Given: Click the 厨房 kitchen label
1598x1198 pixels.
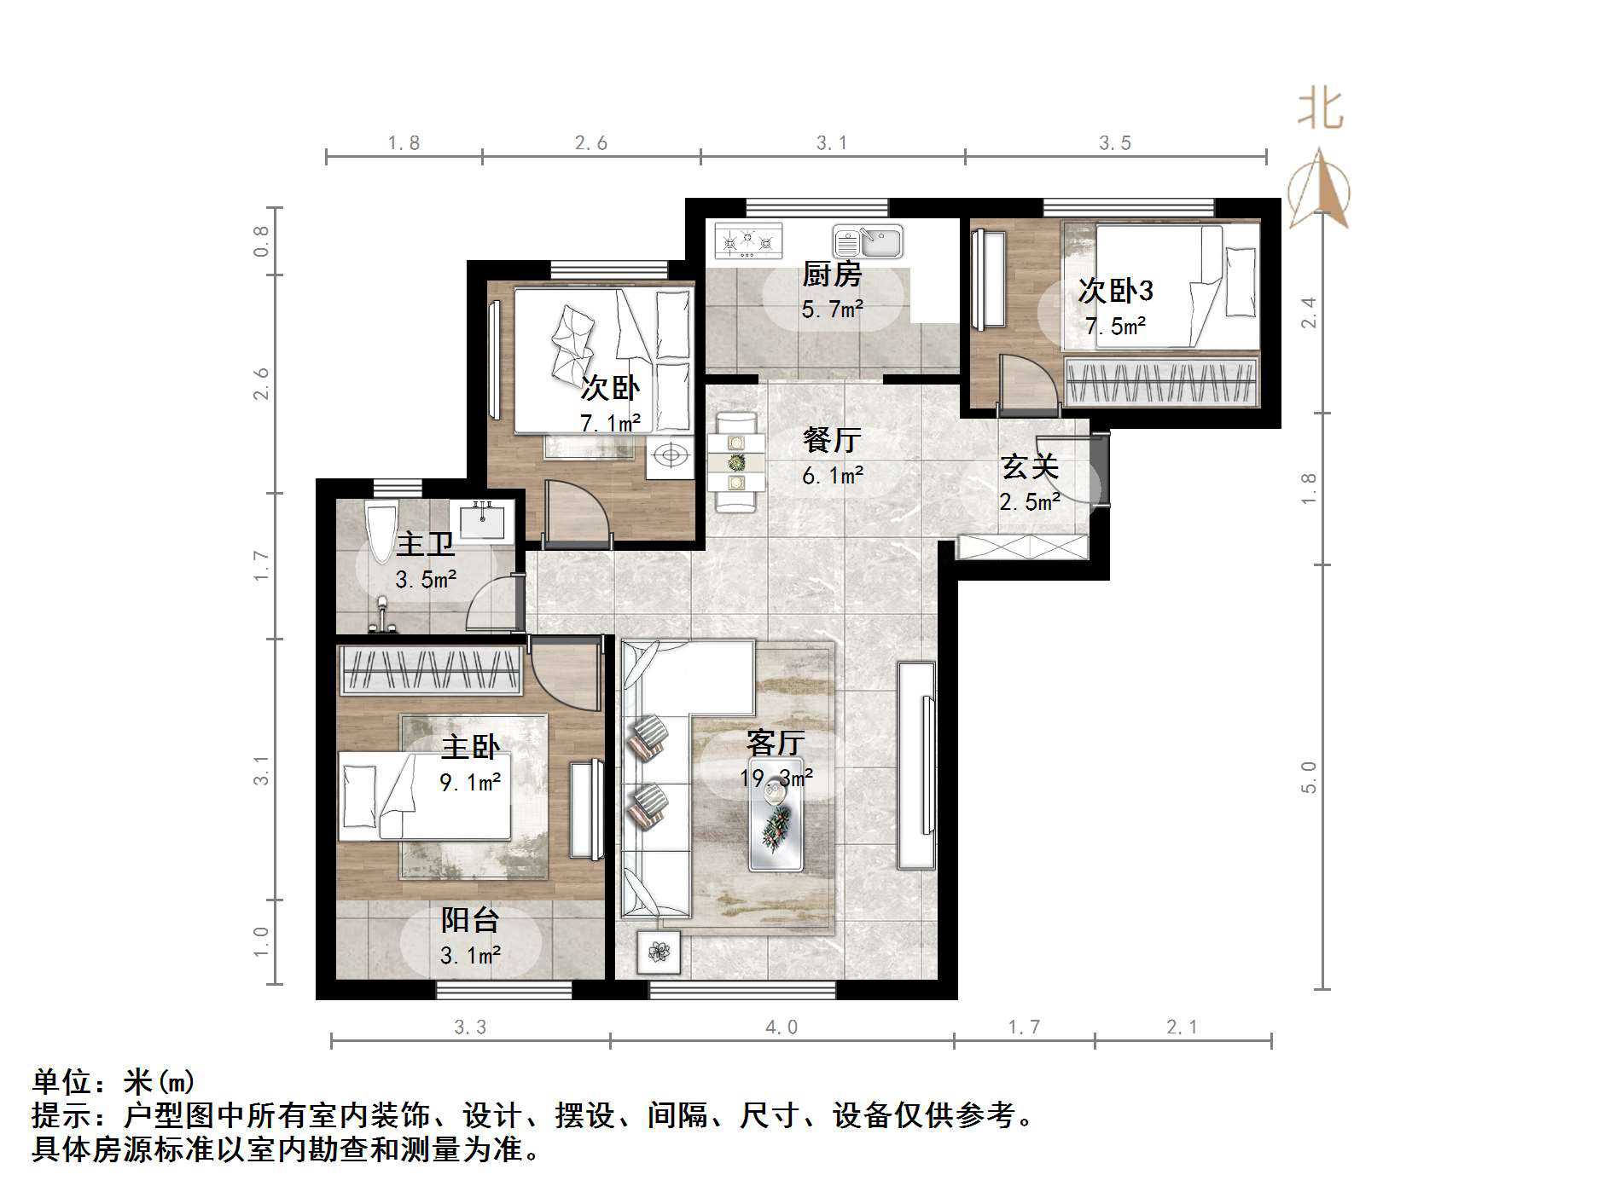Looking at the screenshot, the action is click(832, 275).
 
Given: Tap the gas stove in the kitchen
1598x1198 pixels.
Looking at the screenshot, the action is click(748, 240).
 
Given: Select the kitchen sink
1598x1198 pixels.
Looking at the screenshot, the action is click(868, 242).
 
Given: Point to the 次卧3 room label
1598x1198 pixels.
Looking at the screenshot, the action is click(1116, 291).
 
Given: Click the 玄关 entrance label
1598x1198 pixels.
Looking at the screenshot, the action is click(1030, 467).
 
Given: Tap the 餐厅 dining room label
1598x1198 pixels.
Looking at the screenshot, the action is click(832, 440).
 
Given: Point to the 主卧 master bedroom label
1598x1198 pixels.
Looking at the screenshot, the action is click(470, 748).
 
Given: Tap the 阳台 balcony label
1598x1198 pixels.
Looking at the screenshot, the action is click(470, 921).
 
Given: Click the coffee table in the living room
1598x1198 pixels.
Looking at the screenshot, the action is click(776, 814).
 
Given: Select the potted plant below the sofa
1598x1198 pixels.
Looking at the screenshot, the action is click(659, 951).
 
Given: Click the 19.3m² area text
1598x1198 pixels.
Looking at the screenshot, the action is click(776, 778).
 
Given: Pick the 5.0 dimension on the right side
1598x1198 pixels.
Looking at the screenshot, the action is click(1309, 777).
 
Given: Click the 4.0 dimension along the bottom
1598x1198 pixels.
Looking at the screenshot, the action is click(782, 1027).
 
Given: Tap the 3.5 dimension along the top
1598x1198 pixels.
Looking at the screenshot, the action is click(1115, 143).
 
